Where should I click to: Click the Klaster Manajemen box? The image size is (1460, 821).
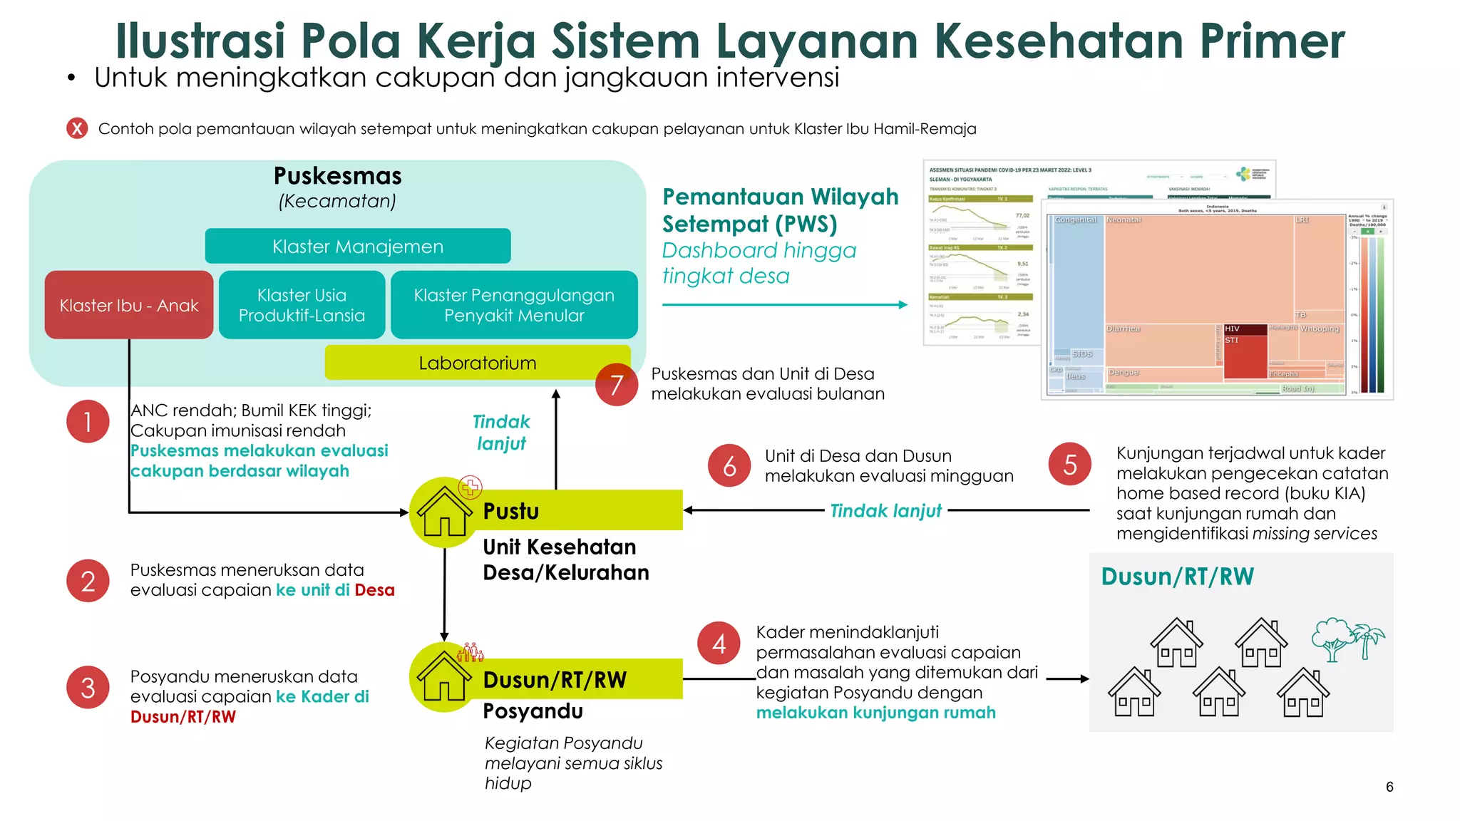coord(358,247)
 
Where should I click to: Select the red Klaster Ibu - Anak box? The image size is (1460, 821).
coord(129,305)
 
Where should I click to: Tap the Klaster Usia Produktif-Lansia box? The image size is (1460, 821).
coord(302,305)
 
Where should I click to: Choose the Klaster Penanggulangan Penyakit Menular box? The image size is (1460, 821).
coord(514,305)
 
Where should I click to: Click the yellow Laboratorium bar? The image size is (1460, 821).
coord(478,363)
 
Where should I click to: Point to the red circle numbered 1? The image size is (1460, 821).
coord(88,421)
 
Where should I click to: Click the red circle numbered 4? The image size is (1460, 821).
coord(719,644)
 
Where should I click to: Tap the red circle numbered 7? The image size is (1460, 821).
coord(617,385)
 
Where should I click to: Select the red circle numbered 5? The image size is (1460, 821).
coord(1069,465)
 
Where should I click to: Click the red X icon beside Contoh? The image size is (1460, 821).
coord(77,128)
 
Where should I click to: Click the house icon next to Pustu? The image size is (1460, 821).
coord(444,512)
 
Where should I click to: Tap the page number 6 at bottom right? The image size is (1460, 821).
coord(1389,787)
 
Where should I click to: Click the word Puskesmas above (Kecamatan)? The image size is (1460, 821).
coord(338,176)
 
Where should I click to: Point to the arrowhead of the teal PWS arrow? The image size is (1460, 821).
coord(903,305)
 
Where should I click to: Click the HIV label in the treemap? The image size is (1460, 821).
coord(1232,329)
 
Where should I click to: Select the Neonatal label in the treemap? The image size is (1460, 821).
coord(1124,220)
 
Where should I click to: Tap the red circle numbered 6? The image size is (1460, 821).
coord(729,466)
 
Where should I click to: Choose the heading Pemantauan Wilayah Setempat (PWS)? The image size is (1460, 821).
coord(780,210)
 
